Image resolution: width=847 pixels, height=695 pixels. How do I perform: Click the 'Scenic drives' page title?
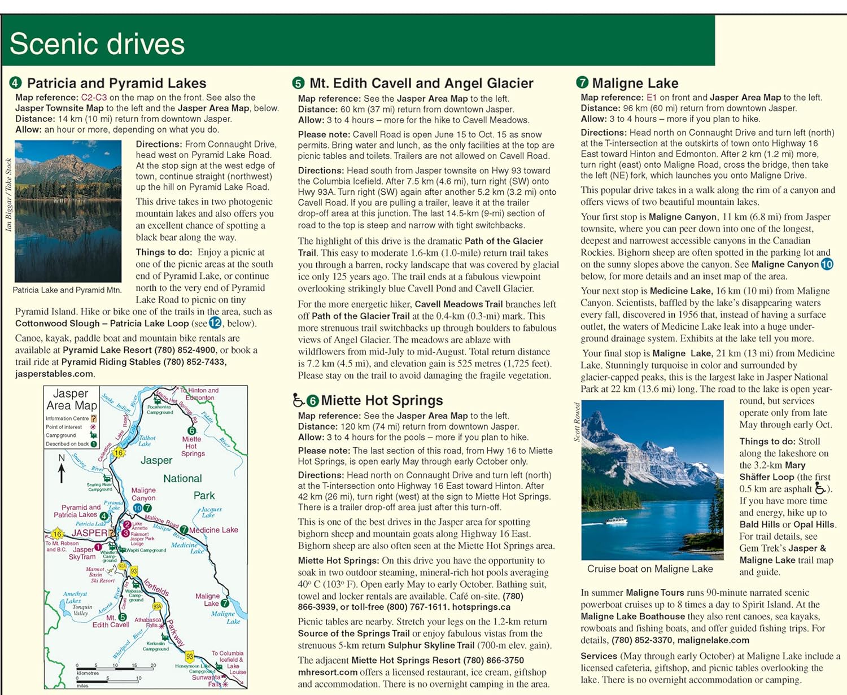click(97, 43)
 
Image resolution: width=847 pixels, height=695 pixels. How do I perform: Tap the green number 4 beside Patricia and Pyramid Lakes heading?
click(15, 83)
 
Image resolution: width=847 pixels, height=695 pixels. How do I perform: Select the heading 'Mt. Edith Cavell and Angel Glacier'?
click(421, 84)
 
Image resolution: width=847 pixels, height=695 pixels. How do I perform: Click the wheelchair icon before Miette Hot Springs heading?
click(298, 400)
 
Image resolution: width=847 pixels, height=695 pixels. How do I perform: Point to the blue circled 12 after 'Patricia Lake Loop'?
click(215, 323)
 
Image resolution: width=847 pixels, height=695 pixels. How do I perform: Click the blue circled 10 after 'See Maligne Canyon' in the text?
click(827, 264)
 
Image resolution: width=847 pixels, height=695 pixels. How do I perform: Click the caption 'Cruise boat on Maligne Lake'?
click(650, 569)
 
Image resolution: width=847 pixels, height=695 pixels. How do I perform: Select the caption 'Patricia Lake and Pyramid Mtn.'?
click(67, 290)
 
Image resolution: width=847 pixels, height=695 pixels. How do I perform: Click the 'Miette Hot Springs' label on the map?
click(193, 446)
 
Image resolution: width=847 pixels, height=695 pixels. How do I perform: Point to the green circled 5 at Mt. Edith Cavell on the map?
click(123, 618)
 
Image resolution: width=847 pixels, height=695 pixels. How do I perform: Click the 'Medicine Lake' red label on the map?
click(213, 530)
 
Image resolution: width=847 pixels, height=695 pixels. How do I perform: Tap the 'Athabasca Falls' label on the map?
click(147, 622)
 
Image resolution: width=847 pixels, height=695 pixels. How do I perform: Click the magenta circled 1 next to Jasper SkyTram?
click(98, 547)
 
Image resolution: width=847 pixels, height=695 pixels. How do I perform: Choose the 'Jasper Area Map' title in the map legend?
click(72, 399)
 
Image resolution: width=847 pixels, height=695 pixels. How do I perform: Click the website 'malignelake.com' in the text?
click(713, 640)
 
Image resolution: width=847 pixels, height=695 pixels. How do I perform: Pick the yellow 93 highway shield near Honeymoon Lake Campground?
click(190, 657)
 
